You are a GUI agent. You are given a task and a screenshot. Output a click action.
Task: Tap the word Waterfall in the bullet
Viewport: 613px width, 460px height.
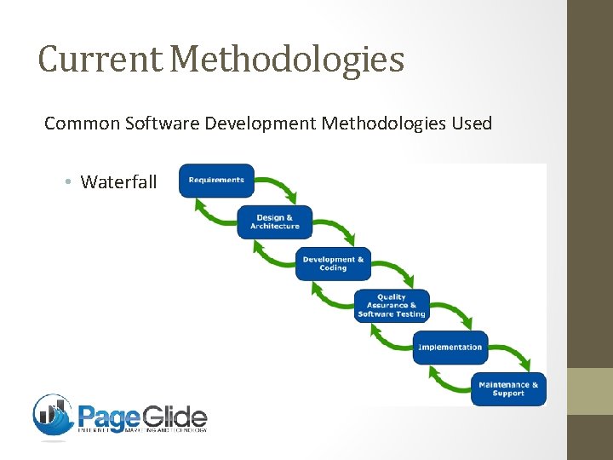118,181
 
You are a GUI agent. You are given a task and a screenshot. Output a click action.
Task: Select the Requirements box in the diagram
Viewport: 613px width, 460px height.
216,181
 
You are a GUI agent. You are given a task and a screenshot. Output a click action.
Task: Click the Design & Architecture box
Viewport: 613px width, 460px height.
275,221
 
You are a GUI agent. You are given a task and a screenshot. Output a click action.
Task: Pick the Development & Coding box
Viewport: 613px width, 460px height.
334,263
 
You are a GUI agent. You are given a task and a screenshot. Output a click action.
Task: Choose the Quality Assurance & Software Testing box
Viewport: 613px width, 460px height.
392,305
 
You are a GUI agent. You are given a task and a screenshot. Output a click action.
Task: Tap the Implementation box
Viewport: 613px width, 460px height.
450,347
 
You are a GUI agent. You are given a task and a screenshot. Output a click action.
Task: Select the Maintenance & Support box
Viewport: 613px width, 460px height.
508,388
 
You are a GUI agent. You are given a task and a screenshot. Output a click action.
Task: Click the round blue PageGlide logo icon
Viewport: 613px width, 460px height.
53,415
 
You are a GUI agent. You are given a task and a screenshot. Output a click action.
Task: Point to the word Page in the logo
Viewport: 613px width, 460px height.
108,417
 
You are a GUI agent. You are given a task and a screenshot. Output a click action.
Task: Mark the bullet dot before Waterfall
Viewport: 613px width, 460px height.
66,181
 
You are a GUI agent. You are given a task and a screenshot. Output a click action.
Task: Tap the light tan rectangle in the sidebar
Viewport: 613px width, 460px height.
590,391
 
